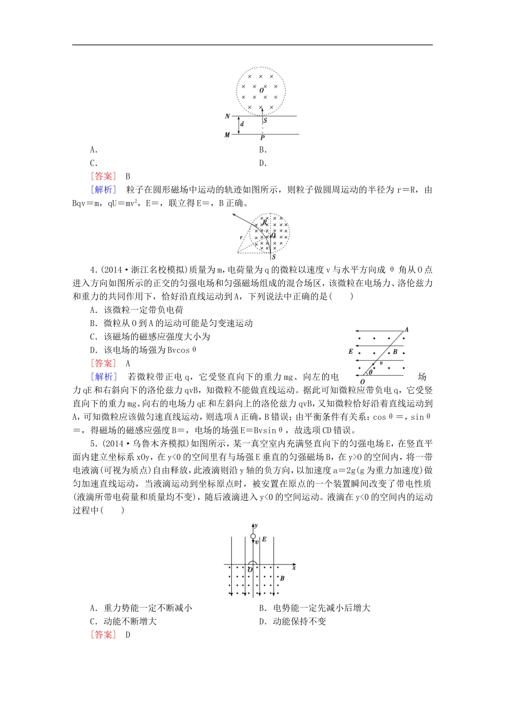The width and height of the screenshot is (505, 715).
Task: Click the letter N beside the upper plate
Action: (x=228, y=117)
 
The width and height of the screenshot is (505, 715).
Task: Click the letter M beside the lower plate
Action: (x=228, y=135)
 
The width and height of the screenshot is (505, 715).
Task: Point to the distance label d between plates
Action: (x=242, y=124)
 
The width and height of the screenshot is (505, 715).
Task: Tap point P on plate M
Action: (x=262, y=138)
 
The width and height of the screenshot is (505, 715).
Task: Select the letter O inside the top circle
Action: (x=262, y=90)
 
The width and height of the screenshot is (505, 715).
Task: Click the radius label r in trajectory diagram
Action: (x=241, y=238)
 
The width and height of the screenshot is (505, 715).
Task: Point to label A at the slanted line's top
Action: (x=407, y=330)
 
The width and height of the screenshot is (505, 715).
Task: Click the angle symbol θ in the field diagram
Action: (x=371, y=373)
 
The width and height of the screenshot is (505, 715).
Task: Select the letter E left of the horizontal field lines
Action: (x=351, y=352)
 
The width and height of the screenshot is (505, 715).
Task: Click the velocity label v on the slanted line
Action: (x=381, y=363)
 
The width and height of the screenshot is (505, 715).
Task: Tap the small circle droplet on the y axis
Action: (x=253, y=537)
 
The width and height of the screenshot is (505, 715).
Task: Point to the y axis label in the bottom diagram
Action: (x=256, y=525)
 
